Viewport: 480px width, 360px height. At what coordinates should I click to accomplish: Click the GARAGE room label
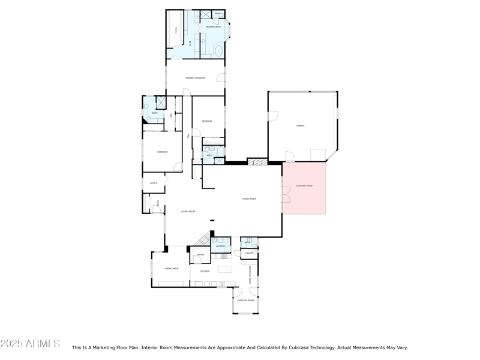tap(301, 125)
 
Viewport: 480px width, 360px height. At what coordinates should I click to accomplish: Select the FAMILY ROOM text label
tap(249, 199)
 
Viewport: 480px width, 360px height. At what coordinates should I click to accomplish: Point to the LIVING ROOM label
tap(188, 211)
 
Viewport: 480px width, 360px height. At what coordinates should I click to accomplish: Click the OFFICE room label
tap(154, 183)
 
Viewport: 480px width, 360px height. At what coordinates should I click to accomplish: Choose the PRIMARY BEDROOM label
tap(196, 78)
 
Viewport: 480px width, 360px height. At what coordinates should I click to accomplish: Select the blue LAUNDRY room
tap(221, 245)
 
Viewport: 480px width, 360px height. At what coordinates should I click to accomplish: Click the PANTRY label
tap(200, 255)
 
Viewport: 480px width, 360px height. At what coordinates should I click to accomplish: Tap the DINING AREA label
tap(171, 269)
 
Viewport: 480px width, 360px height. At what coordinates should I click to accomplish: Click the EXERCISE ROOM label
tap(246, 300)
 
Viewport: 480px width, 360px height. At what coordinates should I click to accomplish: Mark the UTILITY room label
tap(250, 253)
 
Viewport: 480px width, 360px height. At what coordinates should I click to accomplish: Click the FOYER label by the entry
tap(158, 203)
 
